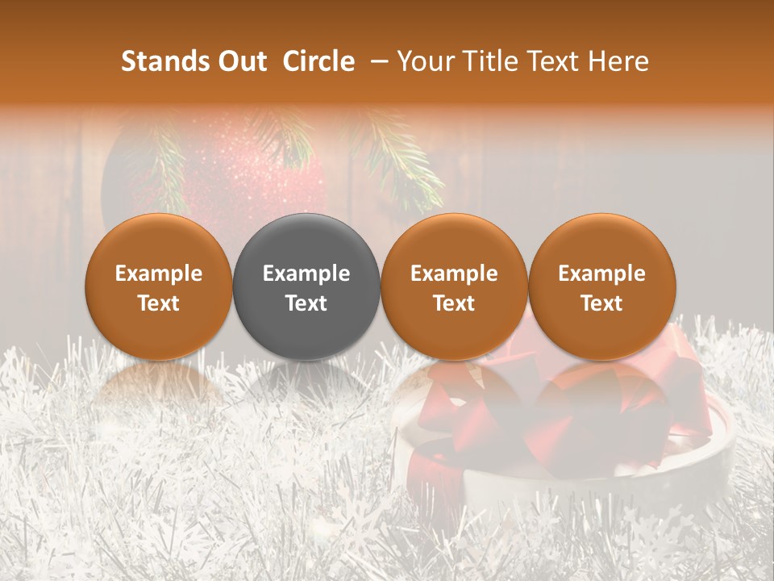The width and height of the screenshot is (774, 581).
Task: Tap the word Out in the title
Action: coord(241,61)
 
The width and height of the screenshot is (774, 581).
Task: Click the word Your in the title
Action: coord(425,61)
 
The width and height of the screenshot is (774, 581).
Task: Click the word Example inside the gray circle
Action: coord(306,274)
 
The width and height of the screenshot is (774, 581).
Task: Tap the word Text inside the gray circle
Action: coord(306,303)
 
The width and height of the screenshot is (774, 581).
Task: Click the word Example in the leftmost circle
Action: coord(159,274)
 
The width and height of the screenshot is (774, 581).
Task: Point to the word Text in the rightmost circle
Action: coord(601,303)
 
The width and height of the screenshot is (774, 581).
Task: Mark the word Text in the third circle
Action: coord(454,303)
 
